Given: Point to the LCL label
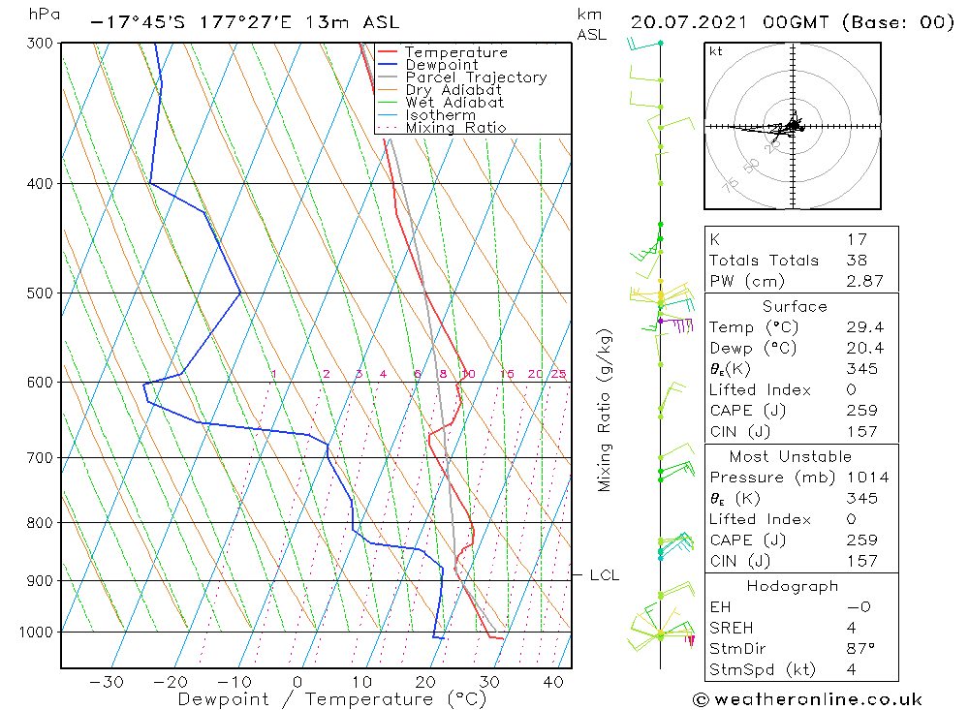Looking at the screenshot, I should [x=604, y=575].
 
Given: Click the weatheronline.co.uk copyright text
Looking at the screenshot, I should [x=808, y=699].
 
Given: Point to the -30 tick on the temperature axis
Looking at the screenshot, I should [x=106, y=683].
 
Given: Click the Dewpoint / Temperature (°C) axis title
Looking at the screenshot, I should [x=318, y=699].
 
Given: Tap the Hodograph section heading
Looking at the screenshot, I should [x=793, y=586].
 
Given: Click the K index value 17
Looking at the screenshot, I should [x=856, y=238].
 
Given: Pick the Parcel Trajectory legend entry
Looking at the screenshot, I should [x=476, y=77].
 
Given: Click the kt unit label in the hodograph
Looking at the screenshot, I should [x=715, y=52].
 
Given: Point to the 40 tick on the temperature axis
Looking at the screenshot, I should [x=553, y=683].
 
